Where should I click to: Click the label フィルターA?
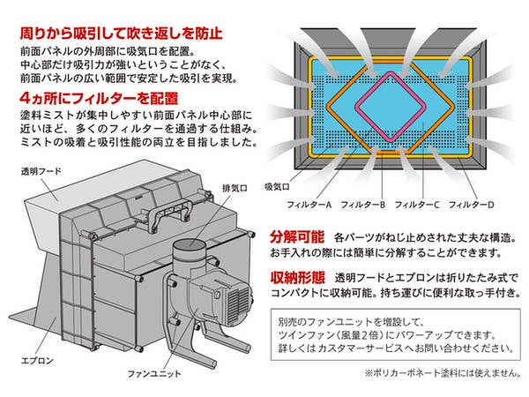coord(309,205)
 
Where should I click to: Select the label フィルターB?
coord(363,205)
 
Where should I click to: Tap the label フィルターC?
coord(417,205)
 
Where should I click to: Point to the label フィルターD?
coord(472,205)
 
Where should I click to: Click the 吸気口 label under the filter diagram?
coord(277,187)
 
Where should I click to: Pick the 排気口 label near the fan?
coord(235,188)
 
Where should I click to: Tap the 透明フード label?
coord(41,171)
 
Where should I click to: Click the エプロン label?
coord(37,361)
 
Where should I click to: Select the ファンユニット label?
coord(153,374)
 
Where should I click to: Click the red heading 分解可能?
coord(297,237)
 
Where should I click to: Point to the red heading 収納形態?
coord(298,278)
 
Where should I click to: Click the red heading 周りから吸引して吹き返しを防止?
coord(121,34)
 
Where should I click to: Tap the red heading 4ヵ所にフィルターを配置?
coord(99,98)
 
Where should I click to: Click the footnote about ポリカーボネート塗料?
coord(443,373)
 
